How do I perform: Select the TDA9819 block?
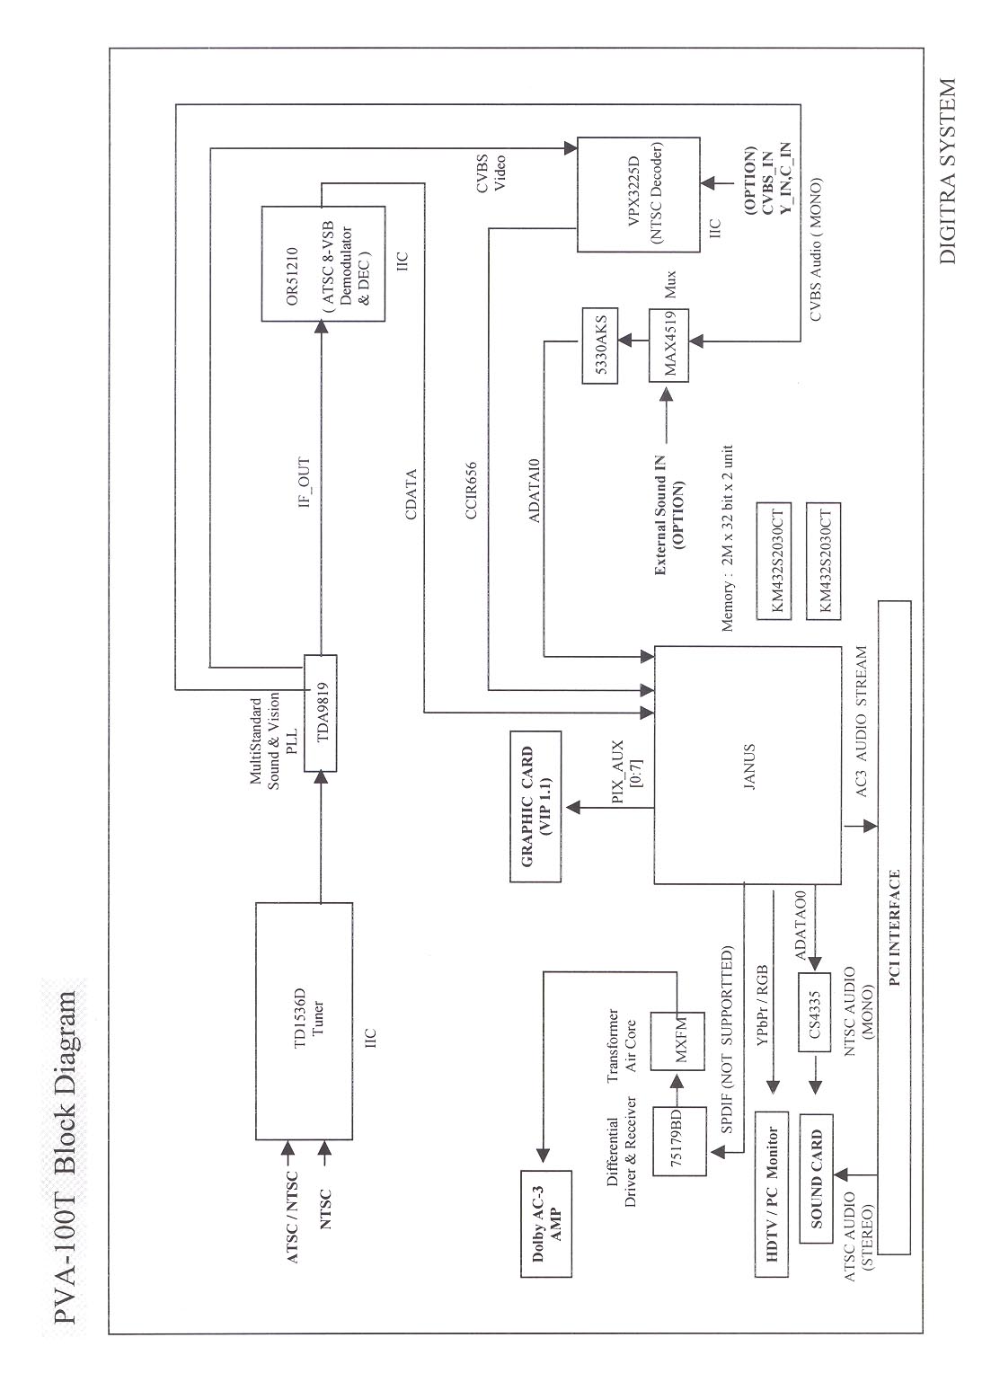[x=320, y=713]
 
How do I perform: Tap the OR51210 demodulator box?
[x=321, y=263]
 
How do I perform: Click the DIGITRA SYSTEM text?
[x=946, y=171]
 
